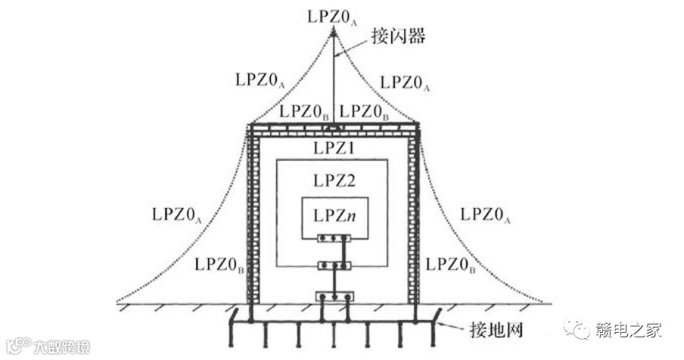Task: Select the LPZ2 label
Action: pos(334,180)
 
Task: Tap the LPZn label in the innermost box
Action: pos(334,215)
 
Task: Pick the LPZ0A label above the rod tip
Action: pos(333,14)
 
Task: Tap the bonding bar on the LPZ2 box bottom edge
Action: pos(334,265)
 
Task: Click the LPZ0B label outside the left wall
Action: pos(219,265)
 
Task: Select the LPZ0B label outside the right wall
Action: pos(451,265)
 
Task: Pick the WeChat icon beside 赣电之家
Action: pos(580,331)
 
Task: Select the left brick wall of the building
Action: pos(253,219)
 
